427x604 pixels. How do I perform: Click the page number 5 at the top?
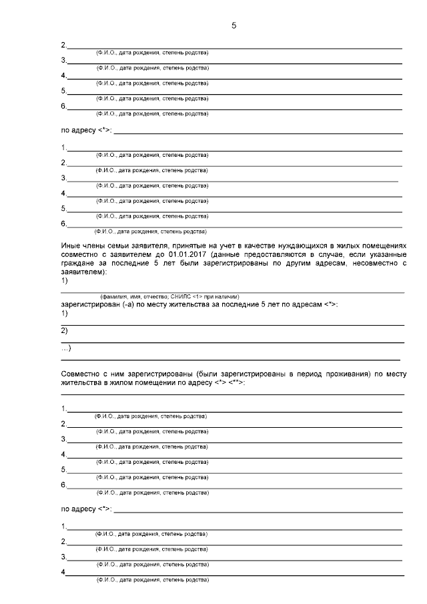pos(234,25)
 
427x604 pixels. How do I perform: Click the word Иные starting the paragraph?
pos(71,246)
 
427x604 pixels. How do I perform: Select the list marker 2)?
pos(65,330)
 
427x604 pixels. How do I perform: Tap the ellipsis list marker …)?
pos(66,348)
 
